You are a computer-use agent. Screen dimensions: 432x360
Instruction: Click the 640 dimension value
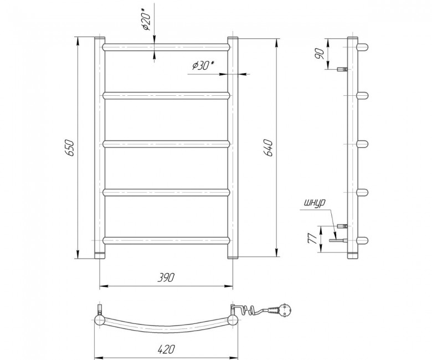point(269,148)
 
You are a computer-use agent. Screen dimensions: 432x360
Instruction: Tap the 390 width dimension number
point(166,277)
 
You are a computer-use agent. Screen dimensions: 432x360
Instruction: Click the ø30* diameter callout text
point(203,65)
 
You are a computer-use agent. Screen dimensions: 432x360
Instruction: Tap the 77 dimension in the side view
point(312,239)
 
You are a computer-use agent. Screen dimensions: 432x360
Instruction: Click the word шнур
point(315,203)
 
